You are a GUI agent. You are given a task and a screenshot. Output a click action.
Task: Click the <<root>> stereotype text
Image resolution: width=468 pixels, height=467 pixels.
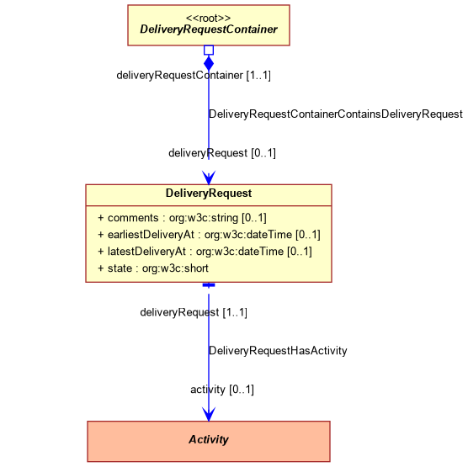(209, 19)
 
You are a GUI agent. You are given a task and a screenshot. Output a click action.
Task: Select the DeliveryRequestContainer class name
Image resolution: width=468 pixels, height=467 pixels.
(209, 29)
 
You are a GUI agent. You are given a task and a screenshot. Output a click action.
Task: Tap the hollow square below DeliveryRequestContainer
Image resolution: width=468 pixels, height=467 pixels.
(209, 50)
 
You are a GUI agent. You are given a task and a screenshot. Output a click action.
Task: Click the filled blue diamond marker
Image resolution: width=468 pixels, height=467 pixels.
(209, 63)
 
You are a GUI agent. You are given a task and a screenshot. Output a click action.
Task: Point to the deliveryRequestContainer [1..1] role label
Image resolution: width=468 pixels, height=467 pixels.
(194, 75)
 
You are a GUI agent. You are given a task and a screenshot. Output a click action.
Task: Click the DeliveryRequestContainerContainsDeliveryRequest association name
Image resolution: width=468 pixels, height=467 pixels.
(336, 114)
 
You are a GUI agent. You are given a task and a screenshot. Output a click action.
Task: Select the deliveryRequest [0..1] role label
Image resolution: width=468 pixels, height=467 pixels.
(222, 153)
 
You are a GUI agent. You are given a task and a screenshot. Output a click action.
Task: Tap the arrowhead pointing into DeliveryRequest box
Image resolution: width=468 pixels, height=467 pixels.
(209, 178)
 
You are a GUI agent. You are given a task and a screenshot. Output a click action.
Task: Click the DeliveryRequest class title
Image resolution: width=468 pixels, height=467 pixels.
(209, 193)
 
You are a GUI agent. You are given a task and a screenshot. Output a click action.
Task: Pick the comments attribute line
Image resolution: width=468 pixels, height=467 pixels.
(182, 218)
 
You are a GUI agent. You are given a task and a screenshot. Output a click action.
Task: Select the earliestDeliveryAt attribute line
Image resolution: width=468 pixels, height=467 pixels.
(209, 235)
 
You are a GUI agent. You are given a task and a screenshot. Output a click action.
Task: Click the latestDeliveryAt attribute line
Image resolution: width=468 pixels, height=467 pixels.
(205, 252)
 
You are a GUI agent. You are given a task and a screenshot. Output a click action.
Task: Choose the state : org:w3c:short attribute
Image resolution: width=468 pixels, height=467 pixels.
(153, 268)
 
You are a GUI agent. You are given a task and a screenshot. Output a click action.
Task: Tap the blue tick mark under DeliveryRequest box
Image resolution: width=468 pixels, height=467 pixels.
(209, 285)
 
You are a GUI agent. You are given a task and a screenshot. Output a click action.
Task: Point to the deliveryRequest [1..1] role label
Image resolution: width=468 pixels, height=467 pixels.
(194, 312)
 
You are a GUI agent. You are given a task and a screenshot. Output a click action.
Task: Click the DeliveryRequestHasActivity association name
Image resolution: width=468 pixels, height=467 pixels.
(278, 351)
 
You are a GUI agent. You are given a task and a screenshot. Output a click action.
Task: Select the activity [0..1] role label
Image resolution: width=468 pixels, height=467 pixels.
(222, 390)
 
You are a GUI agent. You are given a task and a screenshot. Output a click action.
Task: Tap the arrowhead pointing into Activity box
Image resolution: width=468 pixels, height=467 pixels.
(209, 414)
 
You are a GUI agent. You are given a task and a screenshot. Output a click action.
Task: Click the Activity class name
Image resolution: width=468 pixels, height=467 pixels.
(209, 439)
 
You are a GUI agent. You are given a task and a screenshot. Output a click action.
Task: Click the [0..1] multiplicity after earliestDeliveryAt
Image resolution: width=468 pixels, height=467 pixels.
(308, 235)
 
